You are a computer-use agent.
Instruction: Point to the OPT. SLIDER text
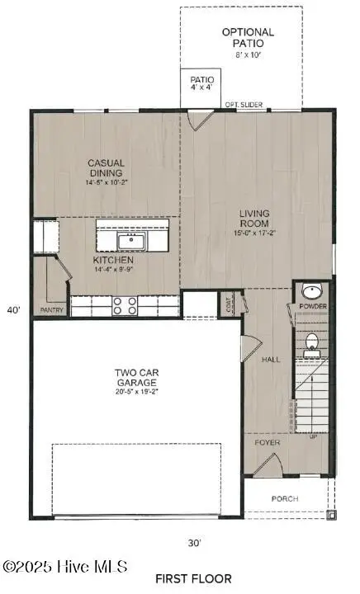pyautogui.click(x=244, y=106)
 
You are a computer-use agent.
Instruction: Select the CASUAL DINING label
pyautogui.click(x=106, y=168)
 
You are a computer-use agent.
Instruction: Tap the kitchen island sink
pyautogui.click(x=131, y=241)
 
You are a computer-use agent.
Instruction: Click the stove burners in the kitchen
pyautogui.click(x=125, y=305)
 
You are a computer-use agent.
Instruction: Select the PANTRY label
pyautogui.click(x=51, y=310)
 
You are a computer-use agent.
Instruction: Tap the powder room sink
pyautogui.click(x=311, y=292)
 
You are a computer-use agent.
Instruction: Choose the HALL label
pyautogui.click(x=272, y=360)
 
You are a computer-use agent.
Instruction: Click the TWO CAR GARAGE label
pyautogui.click(x=137, y=378)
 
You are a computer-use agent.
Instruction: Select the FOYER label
pyautogui.click(x=267, y=443)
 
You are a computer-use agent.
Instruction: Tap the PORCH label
pyautogui.click(x=285, y=499)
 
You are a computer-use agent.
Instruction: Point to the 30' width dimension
pyautogui.click(x=194, y=543)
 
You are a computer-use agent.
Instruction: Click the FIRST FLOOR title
pyautogui.click(x=193, y=578)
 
